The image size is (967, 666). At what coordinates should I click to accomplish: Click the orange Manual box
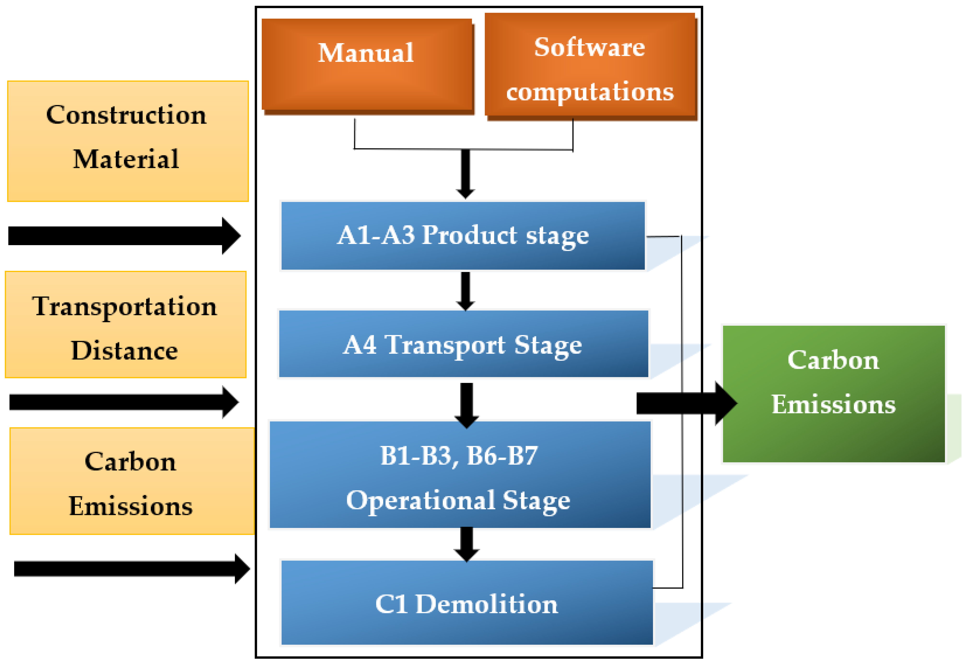(x=367, y=65)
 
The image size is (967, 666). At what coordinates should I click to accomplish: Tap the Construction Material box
(x=128, y=141)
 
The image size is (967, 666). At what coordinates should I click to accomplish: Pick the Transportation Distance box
(x=125, y=324)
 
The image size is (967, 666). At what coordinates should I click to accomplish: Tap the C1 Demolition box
(x=466, y=602)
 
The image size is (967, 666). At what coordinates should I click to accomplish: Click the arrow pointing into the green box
(x=684, y=403)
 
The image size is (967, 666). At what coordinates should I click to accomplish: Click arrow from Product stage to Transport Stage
(x=465, y=291)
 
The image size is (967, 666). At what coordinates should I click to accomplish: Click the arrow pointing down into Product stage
(x=465, y=173)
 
